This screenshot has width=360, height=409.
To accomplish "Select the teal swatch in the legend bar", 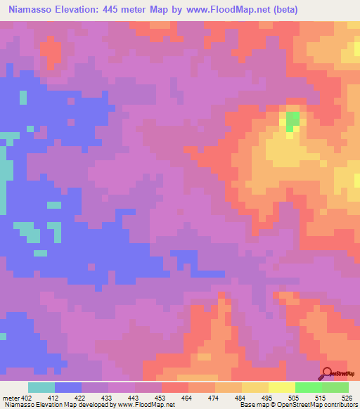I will coord(41,387).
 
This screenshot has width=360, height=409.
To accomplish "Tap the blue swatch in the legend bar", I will coord(68,387).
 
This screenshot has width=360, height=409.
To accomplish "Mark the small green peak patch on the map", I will coord(292,119).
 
